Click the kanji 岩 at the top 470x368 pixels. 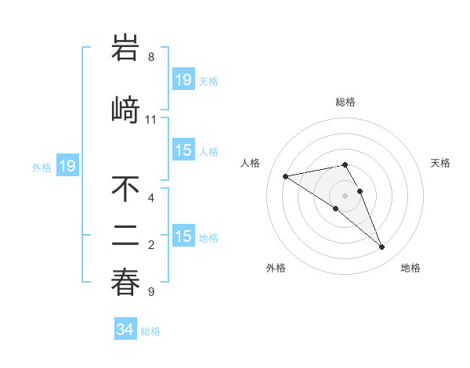coord(126,49)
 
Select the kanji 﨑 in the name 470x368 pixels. coord(126,110)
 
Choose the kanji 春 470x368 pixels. coord(126,283)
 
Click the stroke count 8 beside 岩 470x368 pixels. coord(151,57)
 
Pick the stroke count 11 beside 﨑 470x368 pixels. coord(151,120)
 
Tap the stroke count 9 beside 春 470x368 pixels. coord(151,292)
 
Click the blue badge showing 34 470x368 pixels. coord(125,330)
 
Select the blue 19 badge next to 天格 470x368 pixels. coord(183,80)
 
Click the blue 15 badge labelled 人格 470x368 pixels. coord(183,150)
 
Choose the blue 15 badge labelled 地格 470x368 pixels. coord(183,236)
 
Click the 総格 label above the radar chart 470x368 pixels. coord(345,102)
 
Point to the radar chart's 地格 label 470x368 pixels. coord(410,268)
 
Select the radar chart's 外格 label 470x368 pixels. coord(276,268)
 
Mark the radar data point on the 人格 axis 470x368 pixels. coord(286,175)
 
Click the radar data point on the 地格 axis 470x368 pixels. coord(382,247)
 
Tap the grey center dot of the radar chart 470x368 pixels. coord(345,195)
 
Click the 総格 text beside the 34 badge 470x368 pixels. coord(150,331)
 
